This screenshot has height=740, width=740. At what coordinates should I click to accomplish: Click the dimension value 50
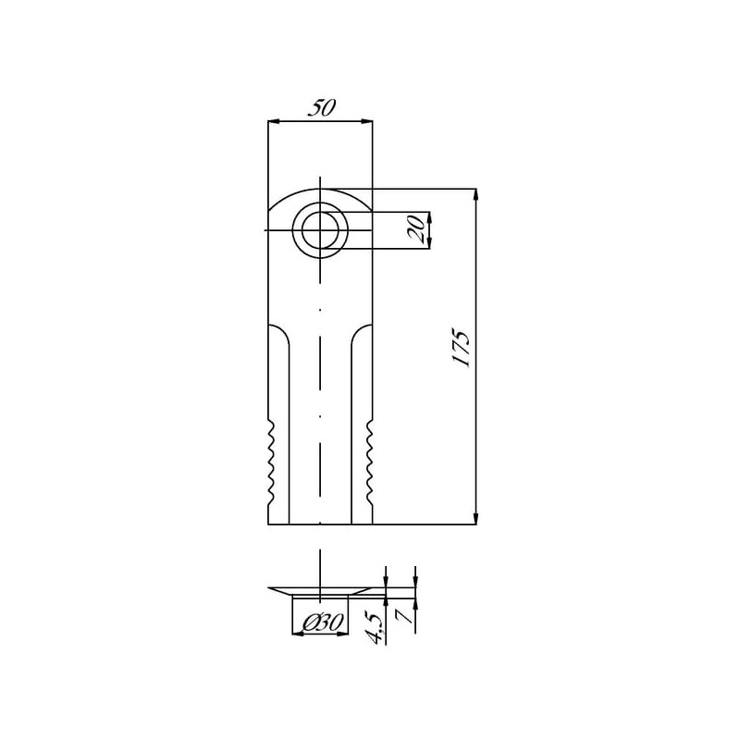[x=321, y=107]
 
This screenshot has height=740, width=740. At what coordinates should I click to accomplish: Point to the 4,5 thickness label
[x=376, y=627]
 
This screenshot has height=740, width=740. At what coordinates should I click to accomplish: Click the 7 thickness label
[x=406, y=616]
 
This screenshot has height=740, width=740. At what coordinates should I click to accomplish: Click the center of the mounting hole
[x=320, y=229]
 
